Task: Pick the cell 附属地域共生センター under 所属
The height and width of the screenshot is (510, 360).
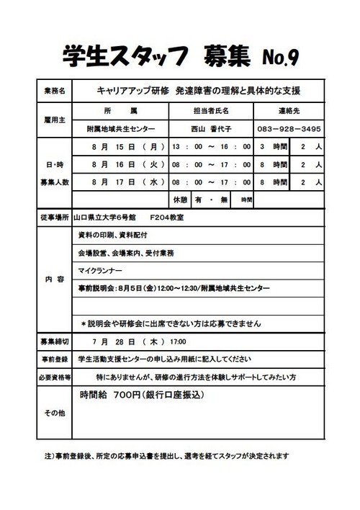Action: [120, 129]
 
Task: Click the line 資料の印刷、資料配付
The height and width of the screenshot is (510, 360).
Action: [112, 235]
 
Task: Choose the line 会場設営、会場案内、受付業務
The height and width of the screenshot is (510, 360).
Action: [126, 253]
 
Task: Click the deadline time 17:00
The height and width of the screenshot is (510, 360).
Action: [179, 340]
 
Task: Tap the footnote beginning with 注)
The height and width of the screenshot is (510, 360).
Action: [166, 455]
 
